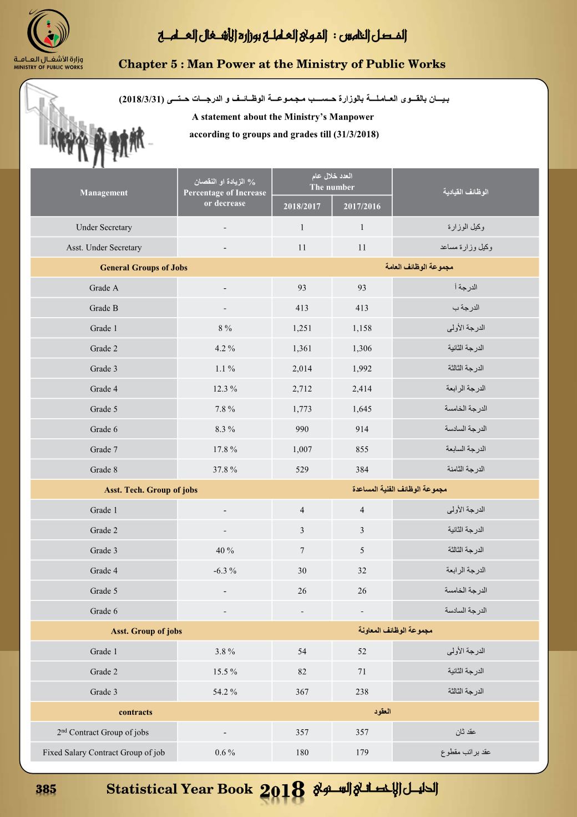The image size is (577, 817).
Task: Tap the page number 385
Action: [46, 789]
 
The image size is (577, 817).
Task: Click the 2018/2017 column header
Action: [302, 207]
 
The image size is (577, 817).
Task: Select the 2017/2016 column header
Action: [362, 207]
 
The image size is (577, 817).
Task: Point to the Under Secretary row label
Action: [104, 227]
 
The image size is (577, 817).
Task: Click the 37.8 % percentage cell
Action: [225, 469]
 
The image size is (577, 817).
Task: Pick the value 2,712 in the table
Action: [302, 389]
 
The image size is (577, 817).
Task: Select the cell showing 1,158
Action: [362, 328]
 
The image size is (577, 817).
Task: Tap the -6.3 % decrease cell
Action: [225, 570]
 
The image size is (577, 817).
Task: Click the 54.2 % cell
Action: [225, 691]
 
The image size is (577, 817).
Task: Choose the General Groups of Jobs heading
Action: [144, 268]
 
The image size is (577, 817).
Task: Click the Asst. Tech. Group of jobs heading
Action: [151, 490]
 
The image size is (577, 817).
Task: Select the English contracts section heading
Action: [135, 712]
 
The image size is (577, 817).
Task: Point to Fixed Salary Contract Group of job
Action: [104, 753]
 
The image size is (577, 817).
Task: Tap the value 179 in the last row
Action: [362, 753]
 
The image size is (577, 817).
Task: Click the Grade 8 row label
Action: [104, 469]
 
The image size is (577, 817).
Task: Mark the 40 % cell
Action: [225, 550]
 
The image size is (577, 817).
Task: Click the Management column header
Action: [104, 193]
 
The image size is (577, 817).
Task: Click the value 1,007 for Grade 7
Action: [302, 449]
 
